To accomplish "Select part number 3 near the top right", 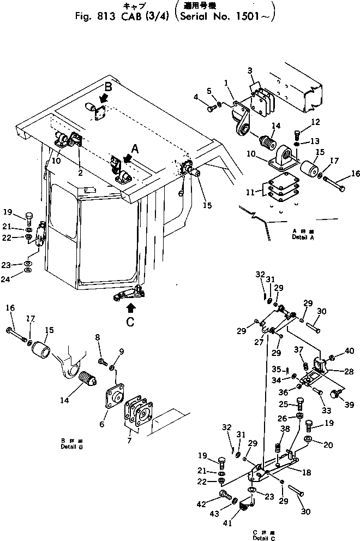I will (249, 71).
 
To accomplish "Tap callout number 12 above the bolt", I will (301, 121).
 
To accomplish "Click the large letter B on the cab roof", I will (109, 86).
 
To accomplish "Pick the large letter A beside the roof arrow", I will (136, 147).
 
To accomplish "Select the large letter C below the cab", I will (130, 322).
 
